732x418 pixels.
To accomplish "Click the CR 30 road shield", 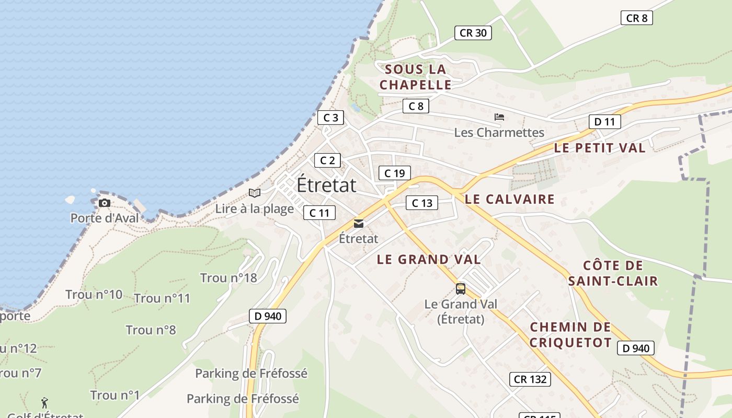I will tap(473, 33).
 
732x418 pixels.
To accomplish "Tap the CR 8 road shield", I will tap(636, 18).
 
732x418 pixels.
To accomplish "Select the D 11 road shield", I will tap(604, 122).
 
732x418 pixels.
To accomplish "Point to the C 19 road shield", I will tap(394, 173).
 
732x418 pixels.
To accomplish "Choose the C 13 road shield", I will tap(421, 203).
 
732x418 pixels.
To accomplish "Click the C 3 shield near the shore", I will tap(330, 118).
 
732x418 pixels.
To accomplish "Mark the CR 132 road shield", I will tap(530, 379).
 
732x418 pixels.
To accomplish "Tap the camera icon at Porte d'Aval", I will tap(105, 203).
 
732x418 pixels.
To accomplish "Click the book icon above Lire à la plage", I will tap(255, 193).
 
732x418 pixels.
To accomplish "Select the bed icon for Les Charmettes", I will tap(499, 117).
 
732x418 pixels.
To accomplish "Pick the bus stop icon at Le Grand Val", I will tap(460, 288).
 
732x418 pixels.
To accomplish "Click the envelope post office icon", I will tap(359, 224).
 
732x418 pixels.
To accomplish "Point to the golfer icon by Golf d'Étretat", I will tap(44, 403).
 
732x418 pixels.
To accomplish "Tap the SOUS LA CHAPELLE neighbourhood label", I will tap(416, 77).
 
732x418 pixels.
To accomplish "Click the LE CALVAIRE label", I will tap(509, 199).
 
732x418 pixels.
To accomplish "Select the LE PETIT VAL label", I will tap(600, 148).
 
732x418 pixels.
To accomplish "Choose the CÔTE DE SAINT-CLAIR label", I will tap(613, 273).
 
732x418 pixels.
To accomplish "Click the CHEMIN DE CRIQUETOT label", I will tap(570, 335).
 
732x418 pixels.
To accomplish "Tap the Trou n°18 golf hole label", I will tap(228, 278).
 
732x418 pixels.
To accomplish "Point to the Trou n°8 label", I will tap(151, 330).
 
